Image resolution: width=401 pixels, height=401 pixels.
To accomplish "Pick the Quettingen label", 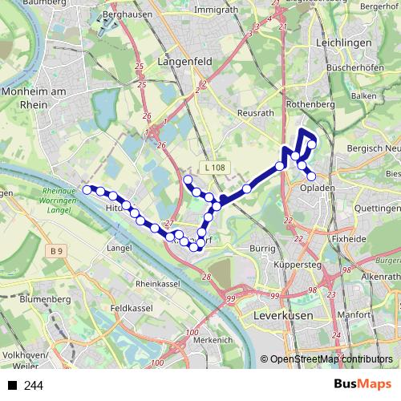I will pyautogui.click(x=377, y=207).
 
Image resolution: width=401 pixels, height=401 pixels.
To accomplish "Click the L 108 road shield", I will pyautogui.click(x=216, y=167).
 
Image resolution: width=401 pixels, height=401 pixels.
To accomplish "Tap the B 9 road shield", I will pyautogui.click(x=55, y=252).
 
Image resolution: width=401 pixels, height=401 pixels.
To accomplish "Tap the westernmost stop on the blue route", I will pyautogui.click(x=87, y=190).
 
